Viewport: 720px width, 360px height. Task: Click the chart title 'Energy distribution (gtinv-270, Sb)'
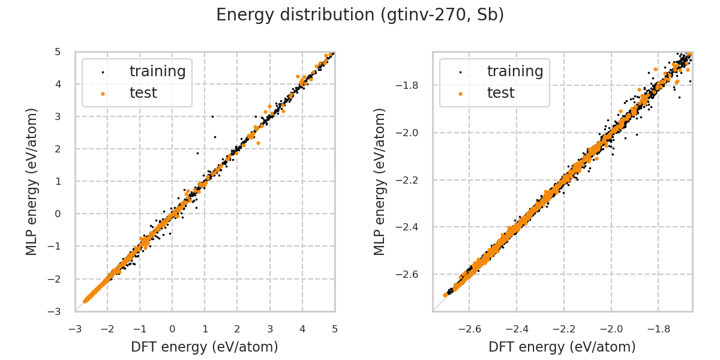click(360, 15)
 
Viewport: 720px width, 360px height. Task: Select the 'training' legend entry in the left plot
click(157, 71)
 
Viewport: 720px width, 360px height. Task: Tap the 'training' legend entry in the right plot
click(515, 71)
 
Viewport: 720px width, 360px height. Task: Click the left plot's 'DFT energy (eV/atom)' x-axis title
click(205, 347)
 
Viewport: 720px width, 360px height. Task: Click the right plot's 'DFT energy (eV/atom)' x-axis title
click(562, 347)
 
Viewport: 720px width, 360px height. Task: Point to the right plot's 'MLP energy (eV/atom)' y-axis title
click(380, 181)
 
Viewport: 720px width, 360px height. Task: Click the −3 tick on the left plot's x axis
click(75, 329)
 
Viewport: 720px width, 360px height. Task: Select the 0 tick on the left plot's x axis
click(172, 329)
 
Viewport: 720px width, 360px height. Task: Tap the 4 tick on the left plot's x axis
click(302, 329)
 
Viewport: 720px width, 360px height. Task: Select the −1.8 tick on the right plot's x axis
click(658, 329)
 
